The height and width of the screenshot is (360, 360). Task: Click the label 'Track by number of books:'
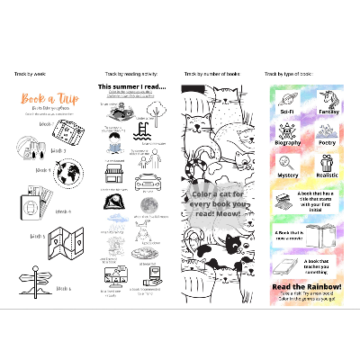tap(211, 74)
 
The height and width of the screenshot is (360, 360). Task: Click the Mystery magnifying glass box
tap(288, 168)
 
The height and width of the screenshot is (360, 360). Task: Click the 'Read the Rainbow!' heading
tap(306, 287)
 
